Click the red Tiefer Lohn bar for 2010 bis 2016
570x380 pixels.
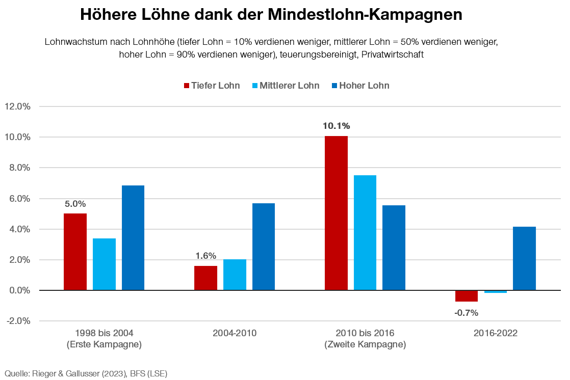[336, 213]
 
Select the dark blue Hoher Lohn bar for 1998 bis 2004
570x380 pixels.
[133, 238]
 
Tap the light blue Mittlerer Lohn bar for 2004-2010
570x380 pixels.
[235, 275]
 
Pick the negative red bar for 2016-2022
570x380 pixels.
[467, 296]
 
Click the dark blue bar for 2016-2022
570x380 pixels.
[524, 258]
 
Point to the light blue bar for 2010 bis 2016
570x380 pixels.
[365, 233]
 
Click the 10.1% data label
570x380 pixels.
[336, 126]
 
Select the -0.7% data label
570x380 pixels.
[466, 313]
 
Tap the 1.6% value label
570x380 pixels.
[205, 256]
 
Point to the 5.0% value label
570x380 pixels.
[75, 204]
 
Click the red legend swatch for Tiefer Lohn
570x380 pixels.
[186, 86]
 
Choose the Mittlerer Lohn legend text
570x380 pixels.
[289, 86]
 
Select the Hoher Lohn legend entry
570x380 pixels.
[364, 86]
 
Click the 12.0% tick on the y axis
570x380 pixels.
[18, 106]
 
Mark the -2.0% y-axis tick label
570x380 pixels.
[18, 321]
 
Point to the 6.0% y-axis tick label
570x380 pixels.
[18, 199]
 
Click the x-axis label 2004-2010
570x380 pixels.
[235, 334]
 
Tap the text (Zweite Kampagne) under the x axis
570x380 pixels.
[365, 345]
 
